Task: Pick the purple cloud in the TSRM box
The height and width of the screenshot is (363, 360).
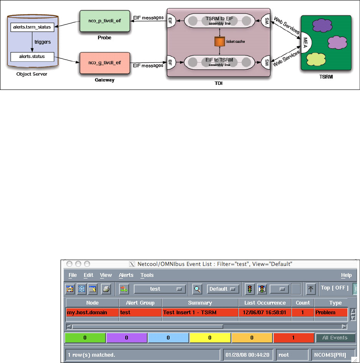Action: point(322,26)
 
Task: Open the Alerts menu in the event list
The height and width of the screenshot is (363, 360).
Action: point(126,275)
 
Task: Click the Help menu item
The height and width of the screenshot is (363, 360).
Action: point(346,275)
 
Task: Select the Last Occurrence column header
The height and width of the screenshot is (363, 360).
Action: point(265,302)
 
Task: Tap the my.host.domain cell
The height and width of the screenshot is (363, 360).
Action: point(87,313)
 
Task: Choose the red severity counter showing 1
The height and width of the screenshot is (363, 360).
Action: point(294,337)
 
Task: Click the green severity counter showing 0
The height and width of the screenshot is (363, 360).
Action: point(85,337)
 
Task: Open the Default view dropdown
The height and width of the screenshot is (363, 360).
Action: point(222,289)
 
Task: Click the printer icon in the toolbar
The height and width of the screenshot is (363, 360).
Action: point(106,289)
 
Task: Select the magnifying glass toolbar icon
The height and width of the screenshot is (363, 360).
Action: point(197,289)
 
